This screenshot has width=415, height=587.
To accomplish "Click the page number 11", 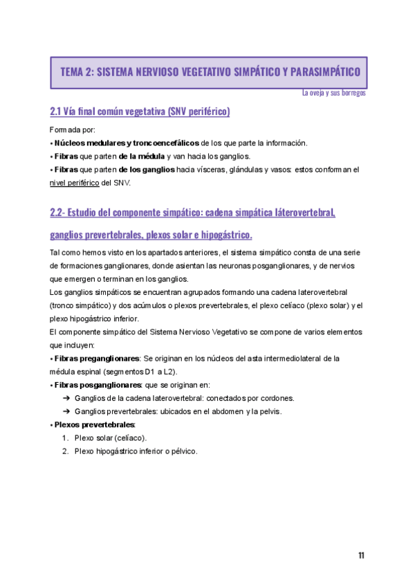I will coord(361,555).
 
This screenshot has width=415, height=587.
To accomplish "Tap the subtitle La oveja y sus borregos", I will coord(334,93).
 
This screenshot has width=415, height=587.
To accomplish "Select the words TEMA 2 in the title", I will coord(76,72).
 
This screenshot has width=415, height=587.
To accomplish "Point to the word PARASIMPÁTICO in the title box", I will coord(321,72).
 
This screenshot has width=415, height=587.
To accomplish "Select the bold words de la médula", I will coord(142,156).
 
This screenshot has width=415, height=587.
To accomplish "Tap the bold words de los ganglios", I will coord(146,170).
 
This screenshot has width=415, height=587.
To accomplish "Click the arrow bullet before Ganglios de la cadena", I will coord(66,398).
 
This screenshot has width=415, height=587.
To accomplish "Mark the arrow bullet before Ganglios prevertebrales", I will coord(66,411).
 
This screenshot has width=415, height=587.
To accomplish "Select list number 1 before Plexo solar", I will coord(64,437).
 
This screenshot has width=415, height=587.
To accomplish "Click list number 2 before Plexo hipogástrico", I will coord(64,451).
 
